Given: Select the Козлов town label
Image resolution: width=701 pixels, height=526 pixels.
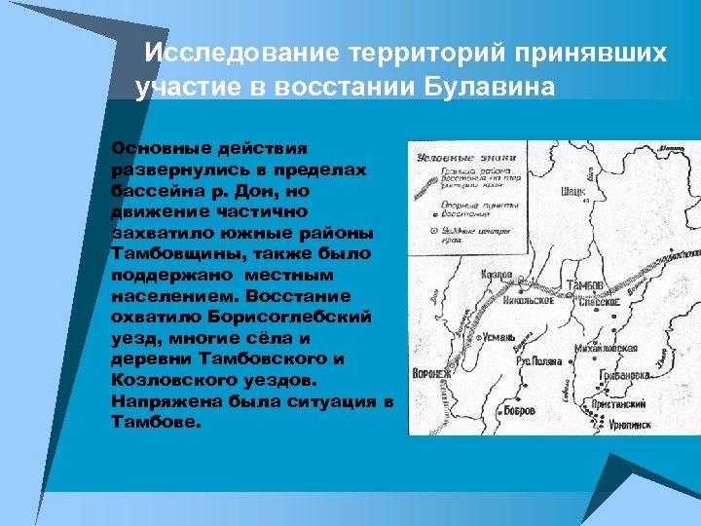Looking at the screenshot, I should [498, 276].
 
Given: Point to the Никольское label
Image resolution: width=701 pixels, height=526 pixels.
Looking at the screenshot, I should [530, 300].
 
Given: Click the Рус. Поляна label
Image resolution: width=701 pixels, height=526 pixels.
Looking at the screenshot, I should [538, 360].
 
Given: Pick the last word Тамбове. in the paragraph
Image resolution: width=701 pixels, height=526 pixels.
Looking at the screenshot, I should [156, 422].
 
